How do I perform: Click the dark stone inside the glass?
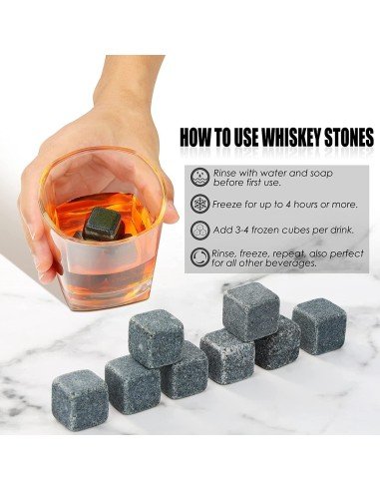[x=103, y=222]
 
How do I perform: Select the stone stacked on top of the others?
[x=250, y=309]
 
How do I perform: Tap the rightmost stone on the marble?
[x=319, y=325]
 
